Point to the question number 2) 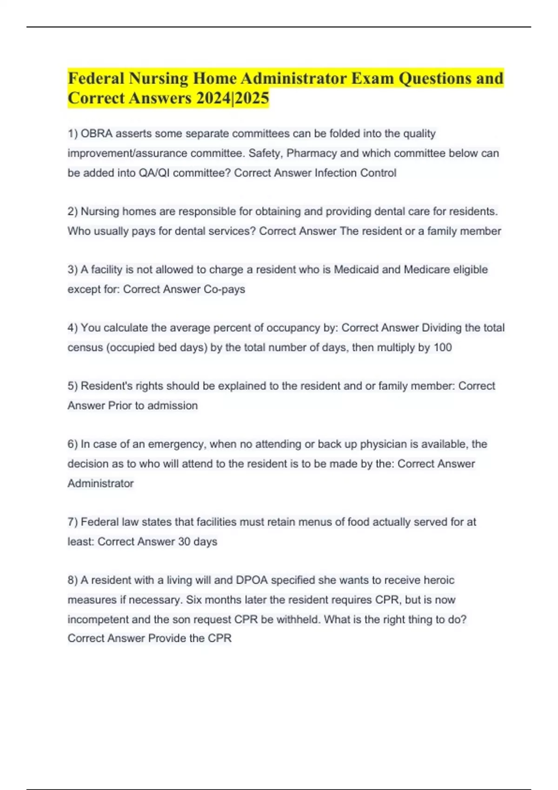tap(73, 211)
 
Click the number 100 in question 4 tap(442, 347)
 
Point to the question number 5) tap(73, 386)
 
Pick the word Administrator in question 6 tap(100, 483)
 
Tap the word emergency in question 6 tap(176, 444)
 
